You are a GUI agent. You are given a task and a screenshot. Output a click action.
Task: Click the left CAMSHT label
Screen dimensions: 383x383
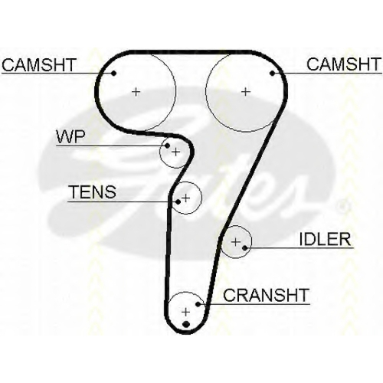[39, 64]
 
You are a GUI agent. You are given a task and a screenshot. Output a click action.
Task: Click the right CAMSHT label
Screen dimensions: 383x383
[344, 64]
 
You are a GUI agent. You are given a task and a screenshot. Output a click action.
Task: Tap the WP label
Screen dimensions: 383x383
[70, 137]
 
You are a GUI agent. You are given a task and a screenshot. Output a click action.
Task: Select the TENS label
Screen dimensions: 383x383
[93, 191]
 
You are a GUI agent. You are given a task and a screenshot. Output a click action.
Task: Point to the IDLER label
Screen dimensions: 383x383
[325, 239]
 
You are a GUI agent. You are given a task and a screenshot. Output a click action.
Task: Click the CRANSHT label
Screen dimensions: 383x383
[267, 295]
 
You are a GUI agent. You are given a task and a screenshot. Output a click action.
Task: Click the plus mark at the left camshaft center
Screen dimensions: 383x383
[136, 91]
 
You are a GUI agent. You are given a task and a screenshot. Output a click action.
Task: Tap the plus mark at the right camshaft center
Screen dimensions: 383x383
[246, 91]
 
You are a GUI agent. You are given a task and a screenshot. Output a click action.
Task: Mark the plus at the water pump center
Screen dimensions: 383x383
[175, 152]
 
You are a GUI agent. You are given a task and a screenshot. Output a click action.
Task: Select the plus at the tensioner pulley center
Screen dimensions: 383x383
[186, 198]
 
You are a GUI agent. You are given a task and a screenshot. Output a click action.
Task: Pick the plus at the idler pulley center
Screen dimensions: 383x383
[235, 241]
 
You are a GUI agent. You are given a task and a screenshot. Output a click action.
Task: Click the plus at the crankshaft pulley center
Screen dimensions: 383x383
[186, 312]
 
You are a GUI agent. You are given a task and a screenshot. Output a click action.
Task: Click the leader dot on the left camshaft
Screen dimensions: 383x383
[114, 74]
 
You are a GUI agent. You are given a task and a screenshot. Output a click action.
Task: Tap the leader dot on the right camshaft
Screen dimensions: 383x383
[273, 74]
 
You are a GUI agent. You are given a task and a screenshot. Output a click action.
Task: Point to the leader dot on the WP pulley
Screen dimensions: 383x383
[167, 146]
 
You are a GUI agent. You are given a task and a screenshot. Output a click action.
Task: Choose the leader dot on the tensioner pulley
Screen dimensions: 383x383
[178, 202]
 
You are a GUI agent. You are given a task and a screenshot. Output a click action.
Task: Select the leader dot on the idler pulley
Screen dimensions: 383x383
[244, 247]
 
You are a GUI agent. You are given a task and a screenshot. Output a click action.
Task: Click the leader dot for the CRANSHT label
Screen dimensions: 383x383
[198, 304]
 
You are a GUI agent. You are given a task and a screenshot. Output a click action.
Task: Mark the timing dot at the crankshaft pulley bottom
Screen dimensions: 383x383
[186, 324]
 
